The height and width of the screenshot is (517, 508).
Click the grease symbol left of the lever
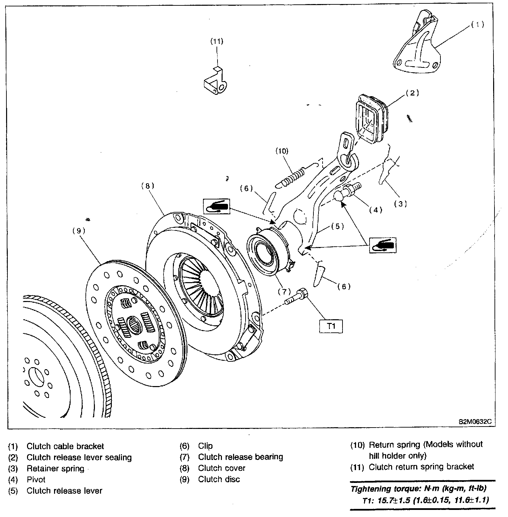(x=216, y=206)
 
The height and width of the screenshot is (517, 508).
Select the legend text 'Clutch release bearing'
(x=240, y=457)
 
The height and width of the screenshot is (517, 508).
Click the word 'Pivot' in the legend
(x=36, y=480)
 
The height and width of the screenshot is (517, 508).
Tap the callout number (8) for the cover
(x=148, y=185)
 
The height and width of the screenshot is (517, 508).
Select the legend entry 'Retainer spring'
(x=55, y=468)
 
